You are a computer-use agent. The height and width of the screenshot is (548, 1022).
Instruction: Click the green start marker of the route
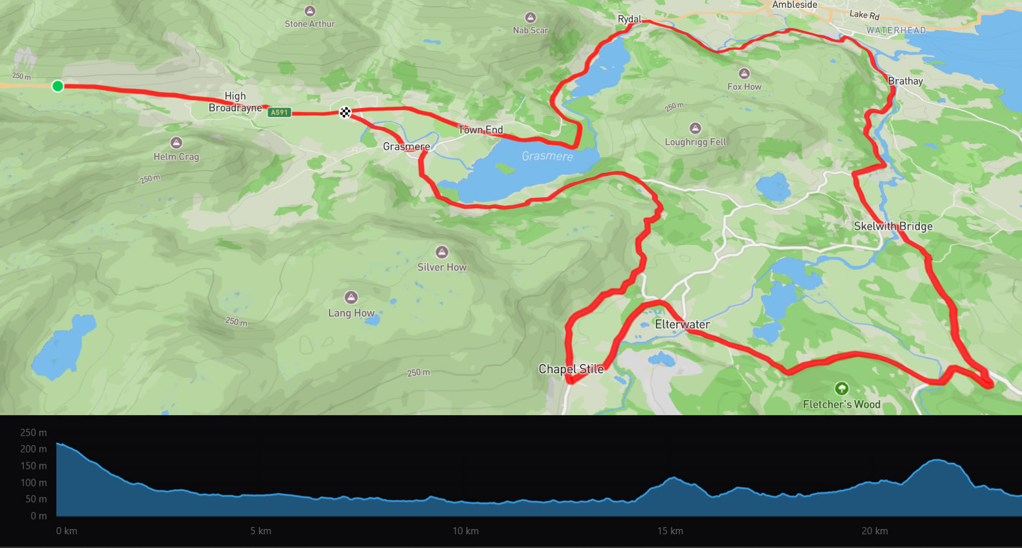point(58,86)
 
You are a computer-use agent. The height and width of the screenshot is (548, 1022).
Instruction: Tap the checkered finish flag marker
point(345,112)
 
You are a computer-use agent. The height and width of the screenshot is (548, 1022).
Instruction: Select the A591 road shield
point(279,113)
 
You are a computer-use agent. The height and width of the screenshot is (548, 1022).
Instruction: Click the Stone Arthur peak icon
point(310,11)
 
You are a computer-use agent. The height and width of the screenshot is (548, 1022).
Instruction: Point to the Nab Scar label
point(531,30)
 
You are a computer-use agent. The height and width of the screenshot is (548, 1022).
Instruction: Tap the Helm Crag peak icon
point(176,143)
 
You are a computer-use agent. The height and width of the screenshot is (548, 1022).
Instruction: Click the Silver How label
point(442,267)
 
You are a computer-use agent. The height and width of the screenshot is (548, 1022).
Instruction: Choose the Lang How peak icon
point(351,298)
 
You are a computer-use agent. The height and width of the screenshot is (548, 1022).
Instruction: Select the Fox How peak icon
point(744,73)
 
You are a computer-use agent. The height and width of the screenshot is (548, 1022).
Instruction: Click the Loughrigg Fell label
point(696,142)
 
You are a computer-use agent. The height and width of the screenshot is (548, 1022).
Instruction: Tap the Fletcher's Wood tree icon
point(842,389)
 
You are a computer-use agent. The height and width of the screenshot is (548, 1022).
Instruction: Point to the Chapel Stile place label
point(571,369)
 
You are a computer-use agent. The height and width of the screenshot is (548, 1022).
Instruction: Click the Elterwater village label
point(683,324)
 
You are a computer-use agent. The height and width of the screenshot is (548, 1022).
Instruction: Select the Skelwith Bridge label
point(893,227)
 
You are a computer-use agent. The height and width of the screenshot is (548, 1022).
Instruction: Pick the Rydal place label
point(630,20)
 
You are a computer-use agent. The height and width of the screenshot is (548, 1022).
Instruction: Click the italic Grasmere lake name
point(548,156)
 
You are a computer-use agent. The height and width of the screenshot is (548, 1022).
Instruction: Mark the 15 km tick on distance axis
point(670,531)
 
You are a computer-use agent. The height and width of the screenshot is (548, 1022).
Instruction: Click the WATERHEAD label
point(896,30)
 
